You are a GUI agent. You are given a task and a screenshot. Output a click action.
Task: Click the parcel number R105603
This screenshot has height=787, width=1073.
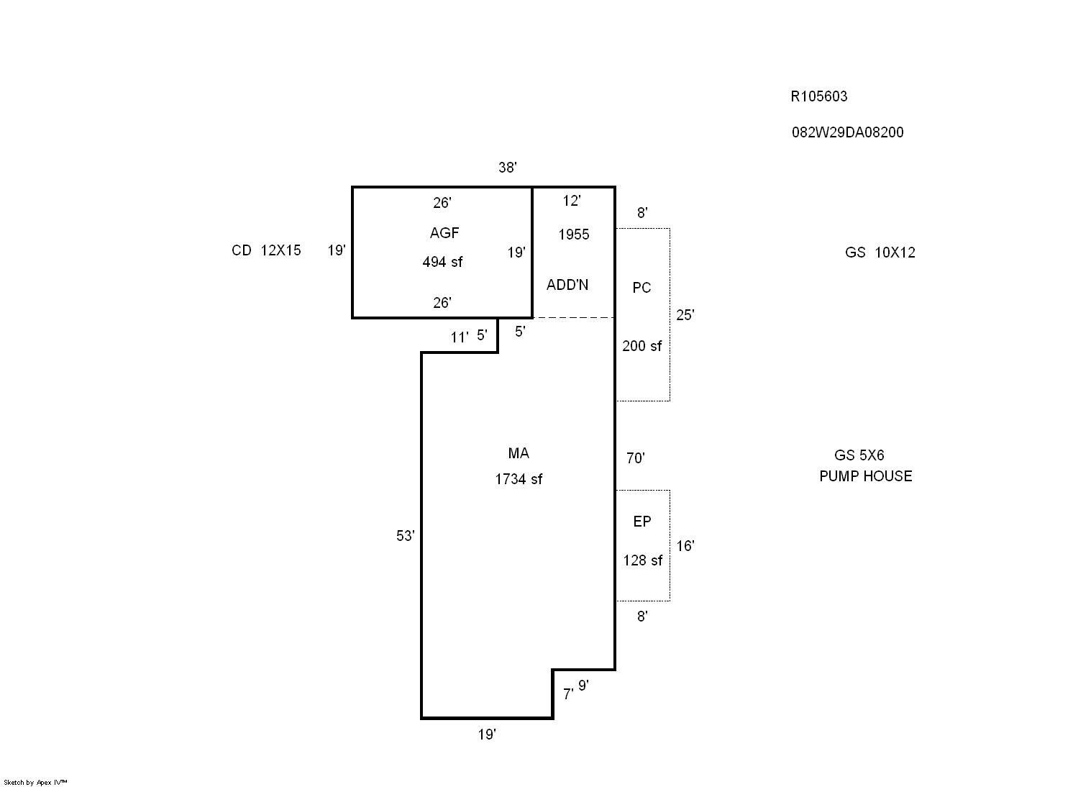coord(818,96)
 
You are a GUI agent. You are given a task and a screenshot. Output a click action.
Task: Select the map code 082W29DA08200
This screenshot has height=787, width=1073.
coord(847,132)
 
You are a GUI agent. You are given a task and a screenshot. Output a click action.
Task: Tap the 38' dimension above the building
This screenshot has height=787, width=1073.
coord(507,168)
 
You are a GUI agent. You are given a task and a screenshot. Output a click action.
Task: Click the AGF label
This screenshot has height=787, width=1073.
coord(444,233)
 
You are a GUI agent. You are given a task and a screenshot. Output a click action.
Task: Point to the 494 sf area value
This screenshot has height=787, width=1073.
coord(442,262)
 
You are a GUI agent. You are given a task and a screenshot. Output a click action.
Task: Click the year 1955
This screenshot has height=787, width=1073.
coord(573,235)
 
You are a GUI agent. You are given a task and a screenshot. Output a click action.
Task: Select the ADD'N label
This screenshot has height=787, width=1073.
coord(567,285)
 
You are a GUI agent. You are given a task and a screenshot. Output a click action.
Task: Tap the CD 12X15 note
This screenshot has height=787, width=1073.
coord(266,250)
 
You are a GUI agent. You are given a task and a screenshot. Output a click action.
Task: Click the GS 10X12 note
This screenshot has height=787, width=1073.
coord(880,253)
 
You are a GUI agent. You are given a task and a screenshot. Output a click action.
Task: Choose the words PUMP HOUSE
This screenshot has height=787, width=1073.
coord(866,476)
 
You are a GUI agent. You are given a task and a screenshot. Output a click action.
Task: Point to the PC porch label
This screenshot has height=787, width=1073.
coord(641,288)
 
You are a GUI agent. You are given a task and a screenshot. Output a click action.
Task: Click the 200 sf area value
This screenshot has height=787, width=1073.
coord(642,346)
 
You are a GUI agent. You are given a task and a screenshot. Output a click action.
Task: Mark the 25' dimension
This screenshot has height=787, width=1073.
coord(685,315)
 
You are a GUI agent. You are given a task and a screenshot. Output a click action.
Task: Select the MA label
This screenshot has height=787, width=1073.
coord(519,453)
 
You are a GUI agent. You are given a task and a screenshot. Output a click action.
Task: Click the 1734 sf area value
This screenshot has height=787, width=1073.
coord(519,479)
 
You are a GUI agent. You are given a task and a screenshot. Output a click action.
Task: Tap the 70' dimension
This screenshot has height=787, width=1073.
coord(635,458)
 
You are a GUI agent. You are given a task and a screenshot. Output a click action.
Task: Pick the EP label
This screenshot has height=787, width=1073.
coord(642,522)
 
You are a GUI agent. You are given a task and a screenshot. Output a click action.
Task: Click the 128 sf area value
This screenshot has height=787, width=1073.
coord(642,560)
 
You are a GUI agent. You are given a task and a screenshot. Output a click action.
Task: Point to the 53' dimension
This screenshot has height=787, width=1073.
coord(405,536)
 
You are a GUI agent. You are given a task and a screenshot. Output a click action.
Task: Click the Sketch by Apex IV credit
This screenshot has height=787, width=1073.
coord(35,783)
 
